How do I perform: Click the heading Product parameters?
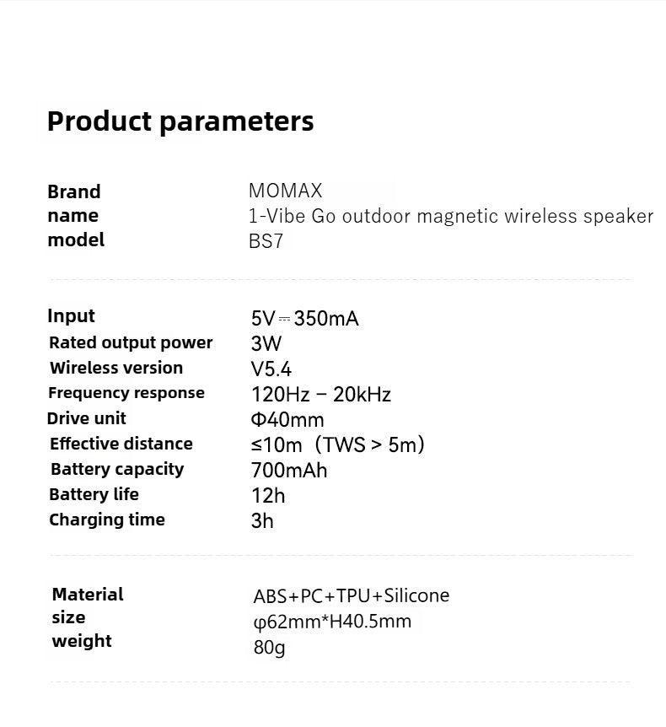[x=180, y=122]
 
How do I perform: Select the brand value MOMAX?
[x=285, y=191]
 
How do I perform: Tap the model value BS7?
[x=266, y=241]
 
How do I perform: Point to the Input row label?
[x=71, y=316]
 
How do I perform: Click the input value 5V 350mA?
[x=304, y=319]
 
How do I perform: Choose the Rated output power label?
[x=131, y=342]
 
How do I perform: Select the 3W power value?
[x=266, y=343]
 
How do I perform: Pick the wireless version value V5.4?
[x=271, y=369]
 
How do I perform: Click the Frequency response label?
[x=126, y=393]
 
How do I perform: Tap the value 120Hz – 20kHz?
[x=320, y=395]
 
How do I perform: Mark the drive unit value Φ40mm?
[x=287, y=420]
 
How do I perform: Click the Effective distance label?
[x=121, y=444]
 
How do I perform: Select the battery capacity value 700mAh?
[x=289, y=470]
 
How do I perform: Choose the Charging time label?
[x=106, y=520]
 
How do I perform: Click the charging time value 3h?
[x=262, y=521]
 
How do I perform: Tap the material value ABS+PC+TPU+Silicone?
[x=352, y=595]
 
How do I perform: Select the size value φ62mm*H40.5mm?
[x=332, y=622]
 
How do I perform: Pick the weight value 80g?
[x=269, y=648]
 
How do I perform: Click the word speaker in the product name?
[x=618, y=217]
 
